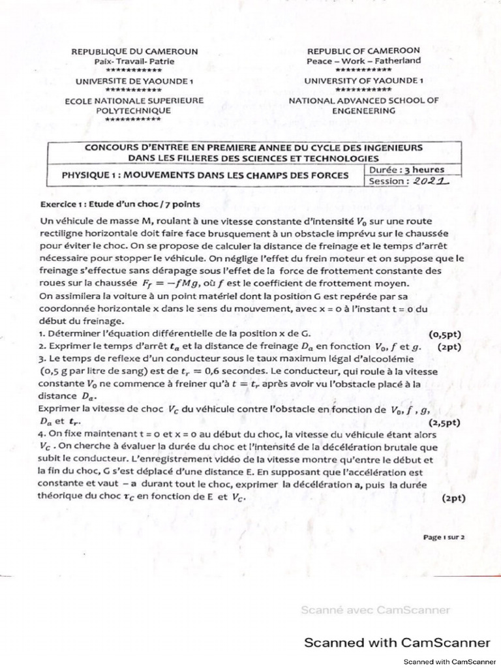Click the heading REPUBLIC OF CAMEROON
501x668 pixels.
tap(363, 50)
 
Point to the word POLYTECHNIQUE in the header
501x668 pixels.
tap(133, 110)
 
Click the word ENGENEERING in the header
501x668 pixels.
tap(363, 110)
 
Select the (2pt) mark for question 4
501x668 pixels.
tap(453, 498)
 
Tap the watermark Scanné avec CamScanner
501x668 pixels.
tap(375, 611)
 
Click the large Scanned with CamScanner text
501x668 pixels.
tap(398, 642)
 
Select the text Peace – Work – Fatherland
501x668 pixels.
tap(363, 61)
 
